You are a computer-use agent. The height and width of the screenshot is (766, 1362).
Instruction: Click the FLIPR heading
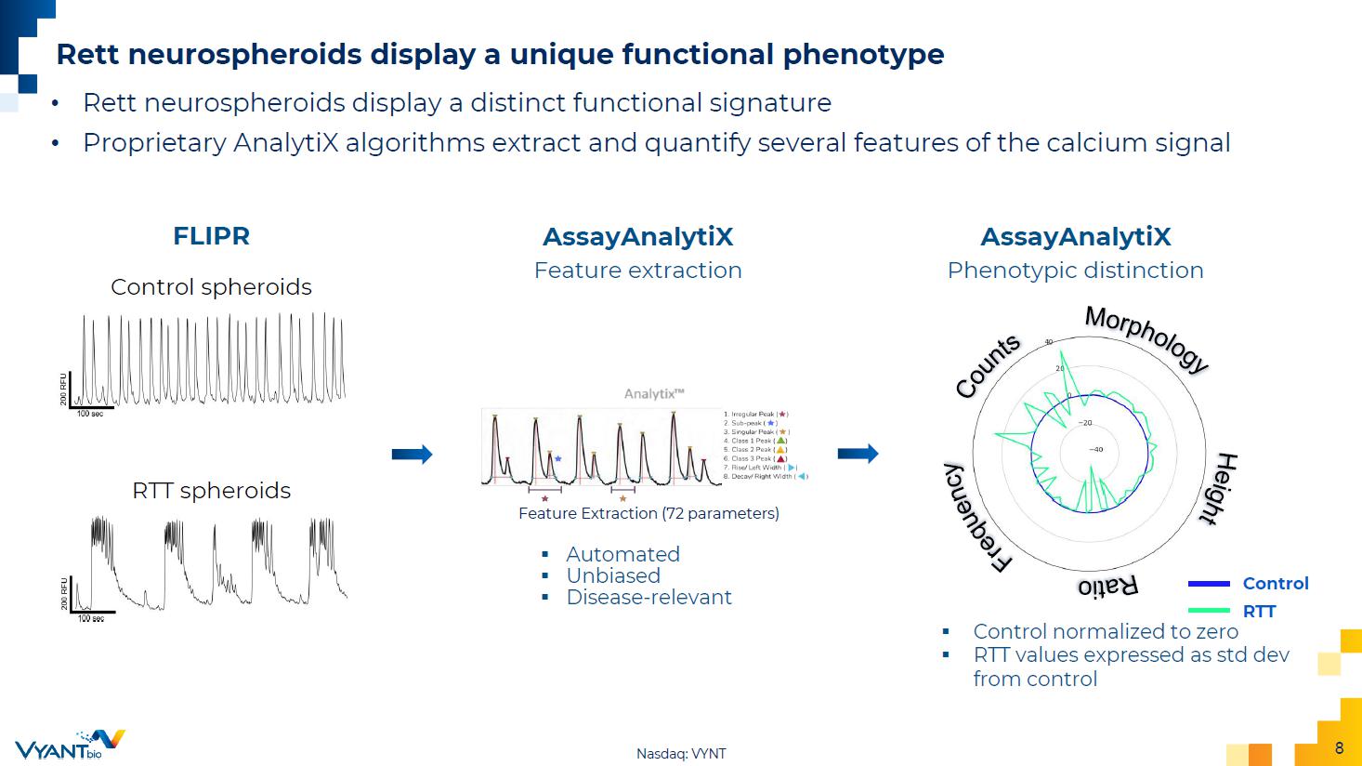click(x=211, y=236)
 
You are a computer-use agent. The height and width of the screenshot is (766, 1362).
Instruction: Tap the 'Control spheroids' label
click(x=211, y=287)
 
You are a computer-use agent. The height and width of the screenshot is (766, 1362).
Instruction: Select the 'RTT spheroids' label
click(x=211, y=491)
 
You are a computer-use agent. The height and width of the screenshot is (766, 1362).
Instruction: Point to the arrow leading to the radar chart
click(x=858, y=455)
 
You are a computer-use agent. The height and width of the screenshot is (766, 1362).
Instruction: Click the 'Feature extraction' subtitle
click(x=637, y=271)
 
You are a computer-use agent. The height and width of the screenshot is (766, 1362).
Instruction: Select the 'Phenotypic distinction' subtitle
click(x=1075, y=271)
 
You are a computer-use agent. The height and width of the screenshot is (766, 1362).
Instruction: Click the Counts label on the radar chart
click(x=988, y=367)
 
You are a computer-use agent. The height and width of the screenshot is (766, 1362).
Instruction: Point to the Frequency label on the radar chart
click(x=976, y=518)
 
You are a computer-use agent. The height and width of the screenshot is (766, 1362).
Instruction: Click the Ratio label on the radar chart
click(x=1107, y=587)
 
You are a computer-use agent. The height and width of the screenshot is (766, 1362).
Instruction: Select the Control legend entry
click(x=1275, y=584)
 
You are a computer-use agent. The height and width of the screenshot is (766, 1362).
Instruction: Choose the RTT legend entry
click(x=1259, y=612)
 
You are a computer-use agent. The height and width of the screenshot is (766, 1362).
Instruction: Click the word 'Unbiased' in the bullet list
click(x=613, y=576)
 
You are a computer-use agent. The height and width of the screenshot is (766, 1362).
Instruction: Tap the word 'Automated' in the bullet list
click(x=622, y=555)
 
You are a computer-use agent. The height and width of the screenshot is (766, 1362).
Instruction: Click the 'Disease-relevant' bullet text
click(x=648, y=598)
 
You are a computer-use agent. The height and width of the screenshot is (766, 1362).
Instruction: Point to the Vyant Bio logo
click(x=70, y=745)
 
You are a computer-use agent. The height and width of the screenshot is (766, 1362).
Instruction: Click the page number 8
click(x=1339, y=748)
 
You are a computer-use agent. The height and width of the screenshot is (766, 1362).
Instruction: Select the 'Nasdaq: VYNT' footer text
click(x=681, y=754)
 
